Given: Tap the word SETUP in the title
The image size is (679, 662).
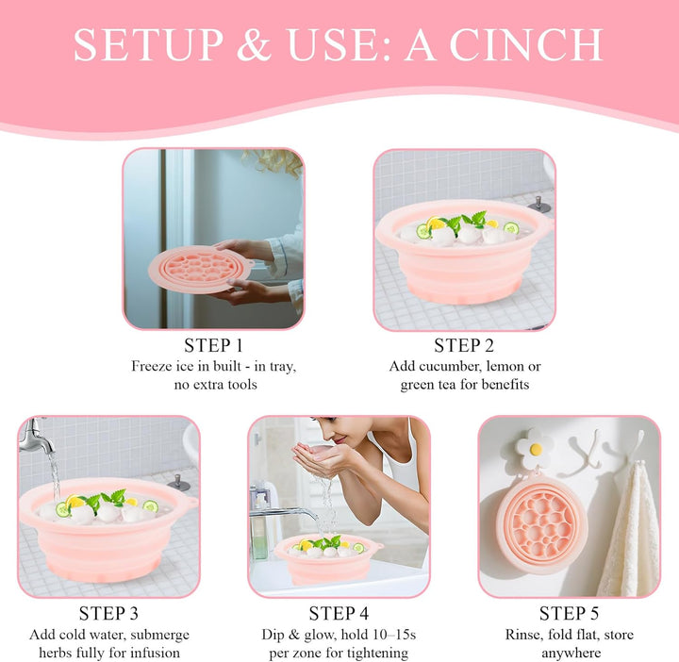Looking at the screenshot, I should pos(137,45).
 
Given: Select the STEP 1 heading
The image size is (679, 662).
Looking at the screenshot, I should pos(212,345).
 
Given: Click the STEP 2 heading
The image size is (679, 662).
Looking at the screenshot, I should pos(465,345).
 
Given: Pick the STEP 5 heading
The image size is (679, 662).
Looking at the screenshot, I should pos(569,614).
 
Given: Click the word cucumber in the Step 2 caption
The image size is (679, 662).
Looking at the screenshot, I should pos(448,366).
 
